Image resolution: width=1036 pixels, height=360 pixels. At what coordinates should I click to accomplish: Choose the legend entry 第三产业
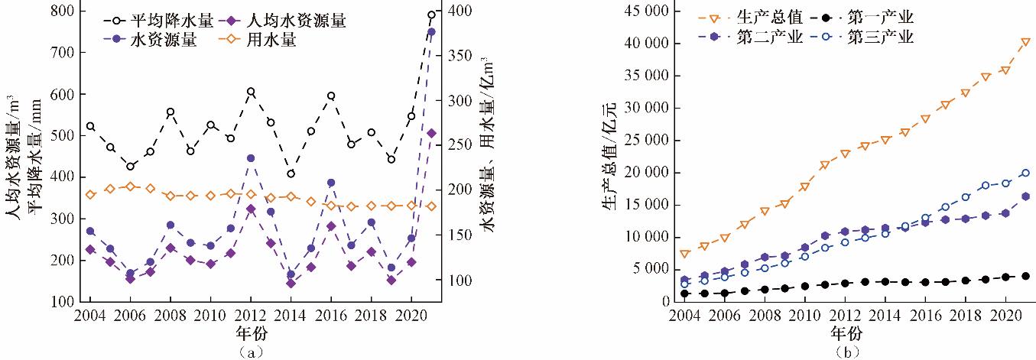tap(879, 37)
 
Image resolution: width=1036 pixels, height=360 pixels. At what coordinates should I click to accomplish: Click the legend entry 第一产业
tap(879, 17)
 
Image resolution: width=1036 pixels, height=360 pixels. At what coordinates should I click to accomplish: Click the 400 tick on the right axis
tap(454, 11)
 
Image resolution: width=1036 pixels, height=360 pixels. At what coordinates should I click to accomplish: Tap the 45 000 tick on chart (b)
tap(641, 11)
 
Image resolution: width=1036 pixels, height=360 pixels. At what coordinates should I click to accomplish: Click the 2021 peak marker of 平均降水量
tap(431, 15)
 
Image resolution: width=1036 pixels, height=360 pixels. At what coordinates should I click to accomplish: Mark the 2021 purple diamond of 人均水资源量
tap(431, 133)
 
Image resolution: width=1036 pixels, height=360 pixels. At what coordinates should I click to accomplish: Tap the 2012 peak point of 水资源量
tap(251, 158)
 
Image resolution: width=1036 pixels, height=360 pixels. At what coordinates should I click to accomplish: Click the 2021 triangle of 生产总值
tap(1025, 42)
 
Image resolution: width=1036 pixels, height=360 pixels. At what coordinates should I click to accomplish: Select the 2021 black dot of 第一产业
tap(1025, 276)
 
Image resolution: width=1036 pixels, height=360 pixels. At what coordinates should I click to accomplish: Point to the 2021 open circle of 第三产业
tap(1025, 173)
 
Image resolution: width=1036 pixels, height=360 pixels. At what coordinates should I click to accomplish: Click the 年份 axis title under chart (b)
tap(845, 333)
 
